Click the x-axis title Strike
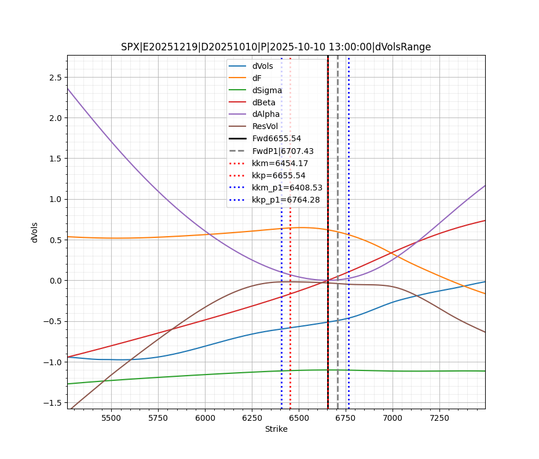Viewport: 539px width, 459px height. point(276,429)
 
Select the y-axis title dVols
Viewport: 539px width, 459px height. point(35,232)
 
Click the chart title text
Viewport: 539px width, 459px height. point(276,47)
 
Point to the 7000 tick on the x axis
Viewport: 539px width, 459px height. point(393,417)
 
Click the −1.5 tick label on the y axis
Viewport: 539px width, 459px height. point(54,403)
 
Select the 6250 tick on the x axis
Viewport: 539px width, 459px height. point(252,417)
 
